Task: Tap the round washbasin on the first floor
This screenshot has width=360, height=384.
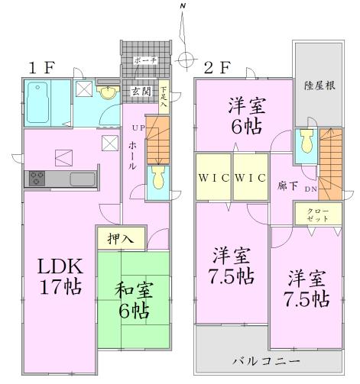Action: point(109,93)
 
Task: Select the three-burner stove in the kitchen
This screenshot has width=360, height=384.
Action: point(37,179)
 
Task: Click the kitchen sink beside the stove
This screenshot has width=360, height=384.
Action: point(80,179)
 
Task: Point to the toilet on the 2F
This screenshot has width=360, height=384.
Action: point(306,140)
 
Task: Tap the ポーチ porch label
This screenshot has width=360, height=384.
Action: point(144,60)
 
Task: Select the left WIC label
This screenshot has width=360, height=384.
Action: point(212,178)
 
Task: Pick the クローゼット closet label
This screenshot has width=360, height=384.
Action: point(317,215)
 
